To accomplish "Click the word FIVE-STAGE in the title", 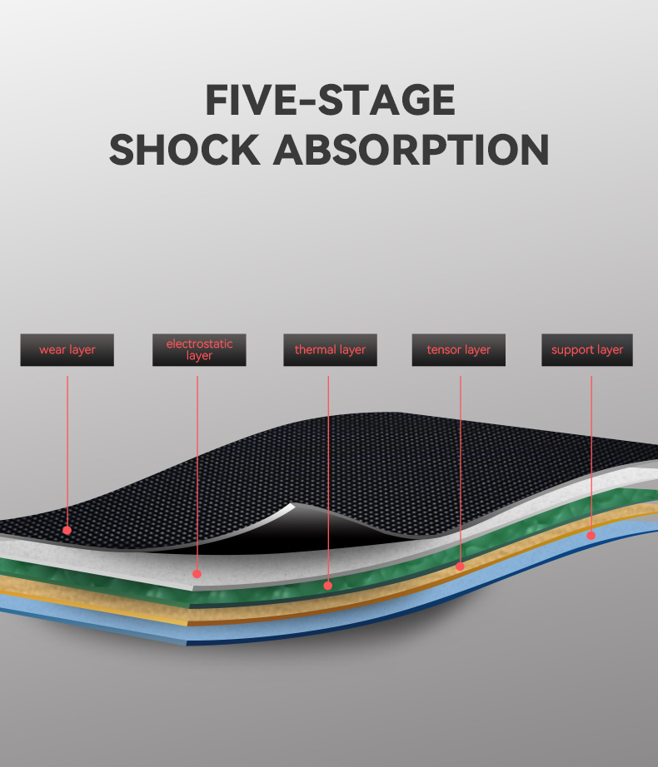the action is click(x=331, y=100).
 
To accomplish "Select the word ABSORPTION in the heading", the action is click(x=411, y=150).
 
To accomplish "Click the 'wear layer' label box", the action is click(x=67, y=349).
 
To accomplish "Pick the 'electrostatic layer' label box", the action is click(x=199, y=349).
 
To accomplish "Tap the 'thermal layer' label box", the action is click(x=330, y=349).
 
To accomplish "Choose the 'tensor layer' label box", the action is click(x=459, y=349).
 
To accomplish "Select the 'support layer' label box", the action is click(x=587, y=349).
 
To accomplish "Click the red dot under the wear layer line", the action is click(x=67, y=530).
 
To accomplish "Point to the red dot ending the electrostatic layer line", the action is click(x=197, y=574).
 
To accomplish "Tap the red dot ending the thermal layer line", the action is click(x=328, y=586).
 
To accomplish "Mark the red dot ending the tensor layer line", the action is click(x=460, y=567).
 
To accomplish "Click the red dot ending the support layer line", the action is click(x=591, y=536).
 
